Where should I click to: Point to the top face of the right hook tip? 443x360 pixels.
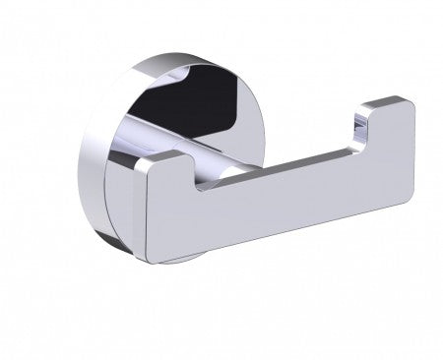pyautogui.click(x=384, y=101)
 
